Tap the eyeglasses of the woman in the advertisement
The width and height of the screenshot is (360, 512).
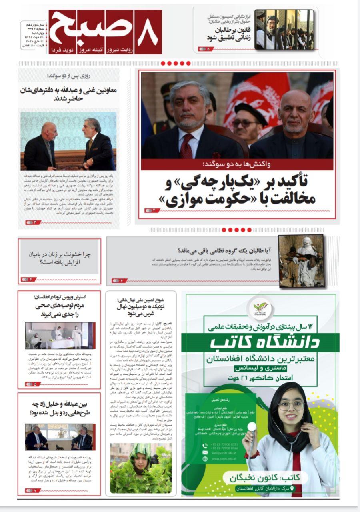[291, 406]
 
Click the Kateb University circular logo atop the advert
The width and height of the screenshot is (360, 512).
[262, 308]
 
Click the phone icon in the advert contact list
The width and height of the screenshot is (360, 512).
[205, 444]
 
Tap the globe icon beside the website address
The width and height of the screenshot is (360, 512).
[205, 459]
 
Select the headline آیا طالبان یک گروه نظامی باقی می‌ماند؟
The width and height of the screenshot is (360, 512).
[224, 251]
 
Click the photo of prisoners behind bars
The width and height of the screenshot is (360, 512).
[284, 29]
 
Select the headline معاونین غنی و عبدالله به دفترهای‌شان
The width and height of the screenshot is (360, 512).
[68, 94]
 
